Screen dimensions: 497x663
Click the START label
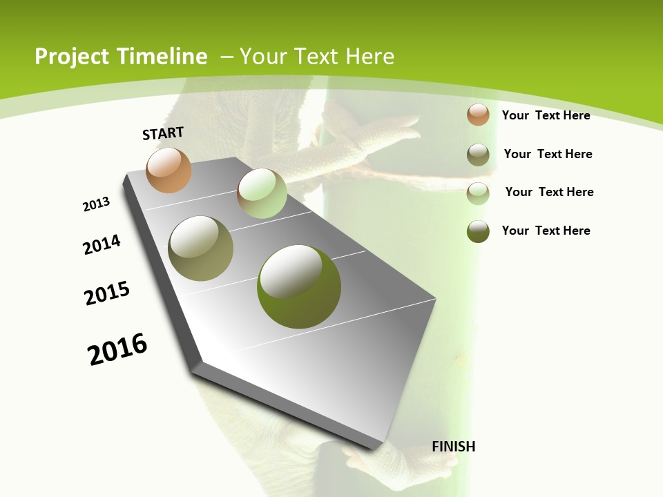point(163,133)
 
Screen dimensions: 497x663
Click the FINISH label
point(454,447)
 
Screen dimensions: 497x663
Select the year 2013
point(96,204)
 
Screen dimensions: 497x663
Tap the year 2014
point(102,244)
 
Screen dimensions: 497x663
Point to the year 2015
point(107,293)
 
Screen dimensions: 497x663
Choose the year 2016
point(117,349)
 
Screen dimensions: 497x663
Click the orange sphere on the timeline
point(169,170)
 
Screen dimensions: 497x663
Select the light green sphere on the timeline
point(262,193)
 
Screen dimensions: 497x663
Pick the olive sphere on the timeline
point(200,248)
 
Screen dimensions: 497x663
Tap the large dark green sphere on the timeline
point(298,286)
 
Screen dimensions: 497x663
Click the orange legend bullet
point(478,115)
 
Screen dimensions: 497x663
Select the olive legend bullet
point(478,155)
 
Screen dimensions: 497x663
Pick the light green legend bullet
point(478,193)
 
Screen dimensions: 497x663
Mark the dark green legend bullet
point(478,231)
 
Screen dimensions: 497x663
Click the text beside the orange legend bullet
point(546,115)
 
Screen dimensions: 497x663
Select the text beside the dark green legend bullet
point(546,231)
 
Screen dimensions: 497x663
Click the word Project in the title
point(72,57)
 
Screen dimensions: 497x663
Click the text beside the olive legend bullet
point(548,154)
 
